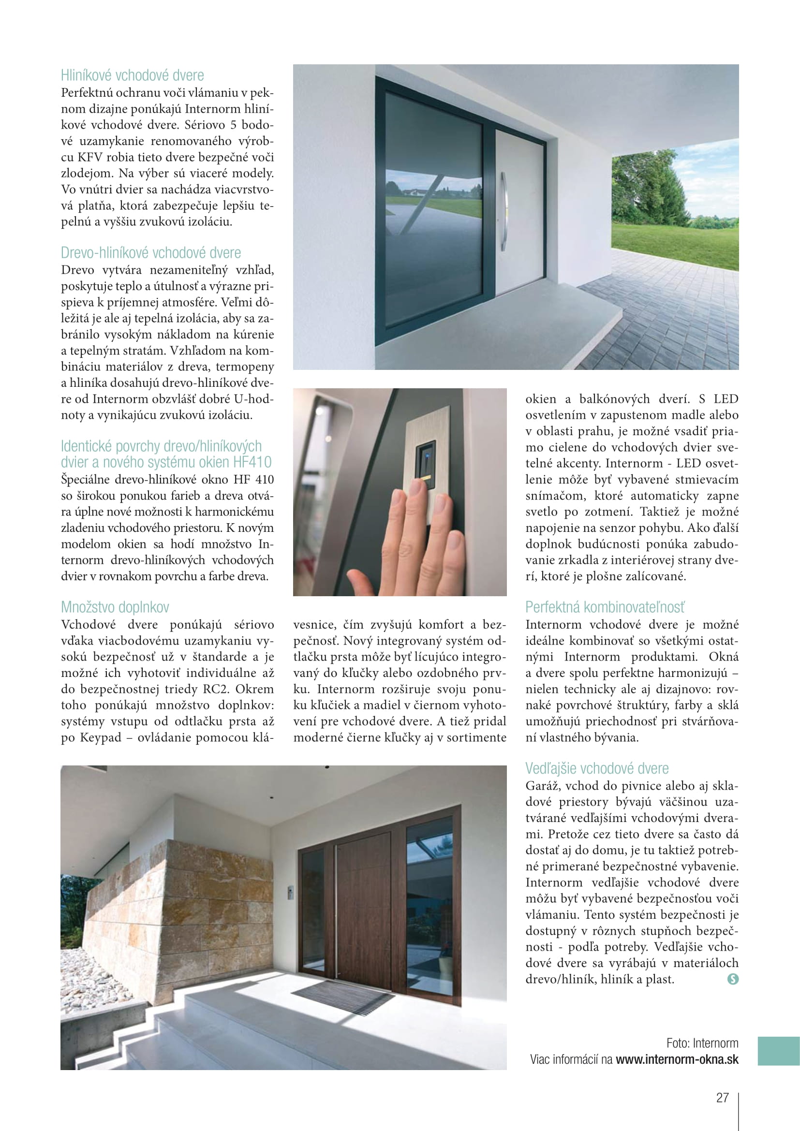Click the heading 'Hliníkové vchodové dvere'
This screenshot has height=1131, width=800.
pos(132,75)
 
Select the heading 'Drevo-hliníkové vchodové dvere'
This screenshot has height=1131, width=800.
pos(151,253)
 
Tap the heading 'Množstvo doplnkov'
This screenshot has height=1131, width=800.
pos(115,607)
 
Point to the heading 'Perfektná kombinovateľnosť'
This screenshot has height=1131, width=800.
pos(605,607)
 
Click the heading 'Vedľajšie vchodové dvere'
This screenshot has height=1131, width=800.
pos(596,768)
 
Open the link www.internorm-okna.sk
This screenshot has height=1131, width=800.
pos(677,1059)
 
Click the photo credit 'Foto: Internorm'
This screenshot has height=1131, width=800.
pos(702,1043)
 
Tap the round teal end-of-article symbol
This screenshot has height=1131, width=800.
pos(732,979)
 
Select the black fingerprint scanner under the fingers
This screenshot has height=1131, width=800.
pos(426,463)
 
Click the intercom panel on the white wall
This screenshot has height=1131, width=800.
pos(291,892)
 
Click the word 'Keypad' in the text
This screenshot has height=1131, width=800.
pos(101,737)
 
